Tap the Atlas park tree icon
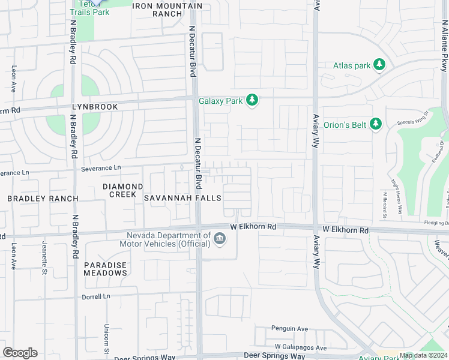379,64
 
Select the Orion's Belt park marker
376,124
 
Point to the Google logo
20,353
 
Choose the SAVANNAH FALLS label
182,198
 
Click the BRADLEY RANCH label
43,199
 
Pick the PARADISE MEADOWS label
105,269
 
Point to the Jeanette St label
44,256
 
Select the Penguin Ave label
289,329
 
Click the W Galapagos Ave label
301,347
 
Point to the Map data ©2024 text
423,355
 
